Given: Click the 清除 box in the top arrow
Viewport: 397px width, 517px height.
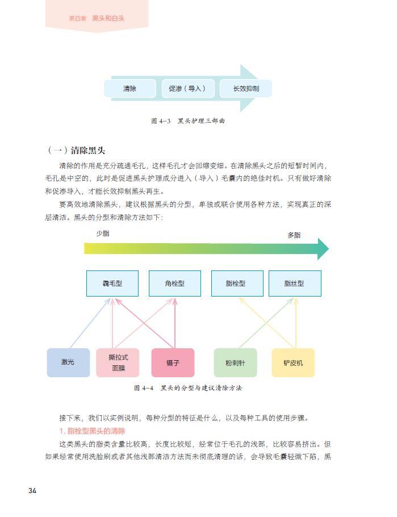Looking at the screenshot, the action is point(129,89).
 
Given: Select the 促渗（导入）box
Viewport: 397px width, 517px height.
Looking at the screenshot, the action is point(187,89).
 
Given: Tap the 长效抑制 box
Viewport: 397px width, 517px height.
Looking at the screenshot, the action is point(246,89).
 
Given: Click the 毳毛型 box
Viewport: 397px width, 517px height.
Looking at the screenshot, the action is point(112,283).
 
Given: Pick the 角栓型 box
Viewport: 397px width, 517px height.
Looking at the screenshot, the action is point(174,283).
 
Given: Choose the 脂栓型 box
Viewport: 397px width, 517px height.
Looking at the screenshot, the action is point(237,283).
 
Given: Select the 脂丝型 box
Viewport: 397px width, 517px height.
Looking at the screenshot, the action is point(294,283).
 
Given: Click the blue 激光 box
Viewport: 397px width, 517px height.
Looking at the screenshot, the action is point(68,362).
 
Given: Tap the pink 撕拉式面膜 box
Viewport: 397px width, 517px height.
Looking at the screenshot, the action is point(118,362).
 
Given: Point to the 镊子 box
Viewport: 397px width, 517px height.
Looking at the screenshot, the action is point(173,362).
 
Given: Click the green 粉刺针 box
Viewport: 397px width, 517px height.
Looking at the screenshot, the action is point(235,362).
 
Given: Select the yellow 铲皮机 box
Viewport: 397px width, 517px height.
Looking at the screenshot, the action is point(293,362).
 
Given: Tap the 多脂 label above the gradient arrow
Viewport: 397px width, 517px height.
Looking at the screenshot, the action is point(294,235).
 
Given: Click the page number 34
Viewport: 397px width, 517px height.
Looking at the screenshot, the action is point(32,491).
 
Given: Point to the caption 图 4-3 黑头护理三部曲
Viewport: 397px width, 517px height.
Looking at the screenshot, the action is point(188,121).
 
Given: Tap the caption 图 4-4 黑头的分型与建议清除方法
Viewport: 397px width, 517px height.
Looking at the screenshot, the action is point(188,388).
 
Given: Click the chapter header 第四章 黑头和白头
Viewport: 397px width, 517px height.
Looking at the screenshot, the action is point(97,18).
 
